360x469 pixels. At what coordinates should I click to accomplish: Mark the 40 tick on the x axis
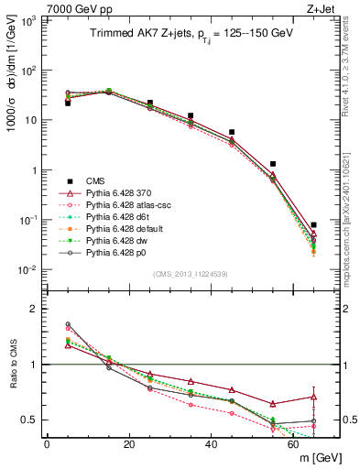(212, 446)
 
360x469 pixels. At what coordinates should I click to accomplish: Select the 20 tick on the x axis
(129, 446)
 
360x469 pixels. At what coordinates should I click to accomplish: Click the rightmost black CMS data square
(314, 224)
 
